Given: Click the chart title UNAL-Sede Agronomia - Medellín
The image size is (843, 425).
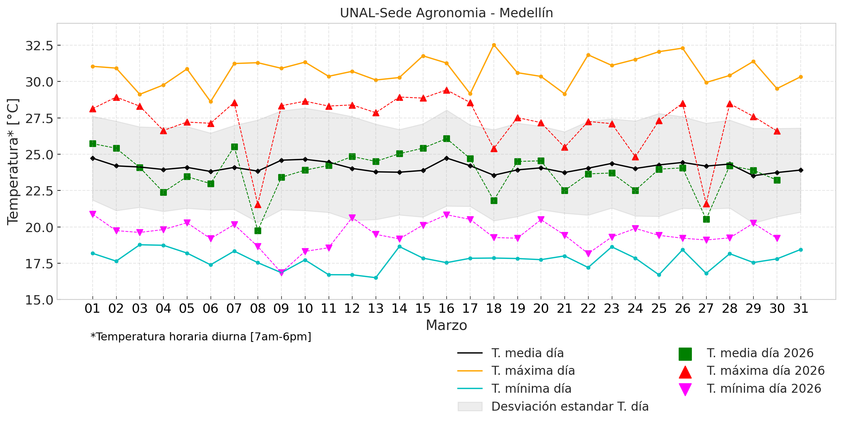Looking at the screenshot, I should [446, 13].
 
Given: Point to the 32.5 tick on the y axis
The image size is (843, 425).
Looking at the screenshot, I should [39, 46].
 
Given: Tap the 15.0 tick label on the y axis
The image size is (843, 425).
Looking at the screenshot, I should [39, 300].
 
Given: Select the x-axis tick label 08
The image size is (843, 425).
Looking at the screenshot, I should [258, 309].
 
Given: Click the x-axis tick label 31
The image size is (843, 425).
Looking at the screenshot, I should [800, 309].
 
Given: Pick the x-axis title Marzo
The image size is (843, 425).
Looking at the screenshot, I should [446, 326].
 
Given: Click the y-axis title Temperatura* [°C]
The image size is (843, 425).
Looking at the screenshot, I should [13, 162].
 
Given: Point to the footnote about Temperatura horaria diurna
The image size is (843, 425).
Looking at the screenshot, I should [201, 337].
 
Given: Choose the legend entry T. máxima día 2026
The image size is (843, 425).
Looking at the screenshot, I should [765, 371].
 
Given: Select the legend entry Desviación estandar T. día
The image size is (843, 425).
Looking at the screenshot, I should [570, 407].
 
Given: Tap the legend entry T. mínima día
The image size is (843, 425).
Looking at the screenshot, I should [531, 389].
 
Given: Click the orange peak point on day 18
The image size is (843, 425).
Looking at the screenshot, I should [494, 45].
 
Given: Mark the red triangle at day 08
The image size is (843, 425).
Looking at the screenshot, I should [258, 204].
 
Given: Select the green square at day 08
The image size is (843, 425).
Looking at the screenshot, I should [258, 231].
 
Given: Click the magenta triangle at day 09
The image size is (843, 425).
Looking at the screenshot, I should [281, 273].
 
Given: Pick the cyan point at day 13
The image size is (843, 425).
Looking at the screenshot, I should [376, 278].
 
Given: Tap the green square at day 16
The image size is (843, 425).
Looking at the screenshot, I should [446, 139].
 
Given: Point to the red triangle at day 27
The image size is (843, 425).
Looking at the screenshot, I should [706, 204].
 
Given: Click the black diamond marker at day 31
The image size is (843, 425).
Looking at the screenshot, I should [800, 170].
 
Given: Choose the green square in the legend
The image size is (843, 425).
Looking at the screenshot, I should [685, 354].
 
